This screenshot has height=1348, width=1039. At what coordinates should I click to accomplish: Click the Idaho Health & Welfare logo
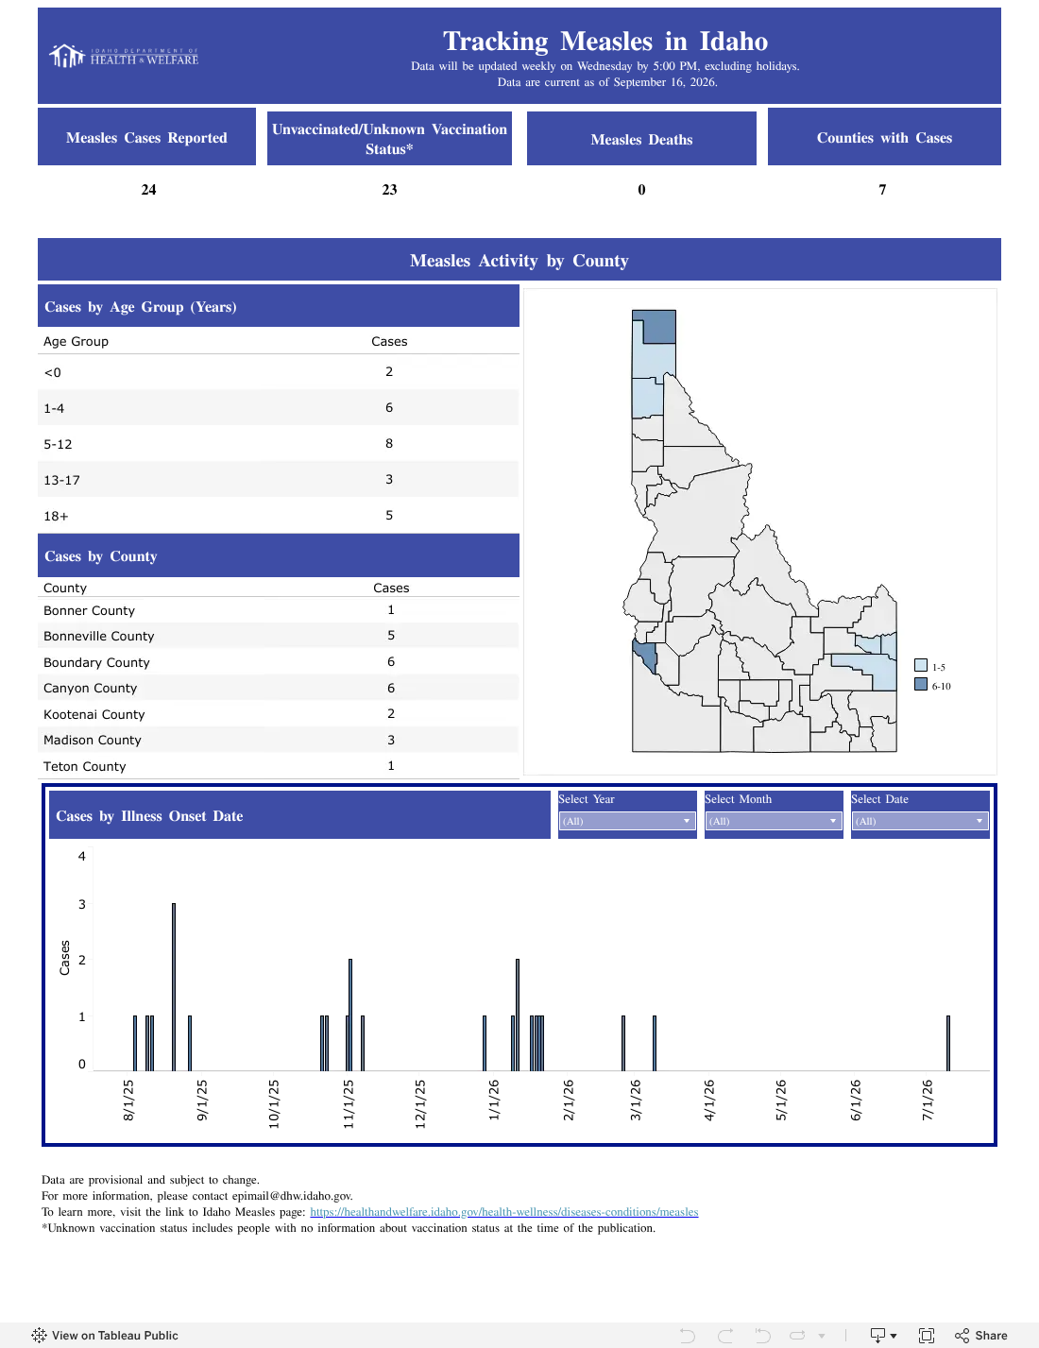click(124, 56)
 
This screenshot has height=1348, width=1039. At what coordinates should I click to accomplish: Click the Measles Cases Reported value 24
click(148, 189)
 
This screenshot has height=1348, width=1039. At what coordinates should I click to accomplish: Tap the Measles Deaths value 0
click(641, 189)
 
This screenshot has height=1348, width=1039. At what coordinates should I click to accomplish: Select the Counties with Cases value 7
click(882, 189)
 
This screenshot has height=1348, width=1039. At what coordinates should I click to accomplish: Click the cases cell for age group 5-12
click(389, 443)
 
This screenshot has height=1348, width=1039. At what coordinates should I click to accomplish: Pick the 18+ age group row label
click(56, 516)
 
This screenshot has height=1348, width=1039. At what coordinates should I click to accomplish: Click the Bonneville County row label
click(98, 636)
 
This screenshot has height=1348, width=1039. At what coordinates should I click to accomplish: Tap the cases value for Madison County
click(391, 740)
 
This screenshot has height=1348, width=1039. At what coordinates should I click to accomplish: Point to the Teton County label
click(84, 766)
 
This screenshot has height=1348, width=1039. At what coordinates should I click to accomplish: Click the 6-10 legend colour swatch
click(921, 684)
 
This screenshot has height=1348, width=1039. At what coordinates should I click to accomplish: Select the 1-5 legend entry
click(929, 666)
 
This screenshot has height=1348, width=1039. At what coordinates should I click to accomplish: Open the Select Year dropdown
click(626, 821)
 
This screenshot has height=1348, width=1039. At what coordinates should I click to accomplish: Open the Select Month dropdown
click(773, 821)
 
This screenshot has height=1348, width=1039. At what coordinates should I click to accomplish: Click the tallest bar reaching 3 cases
click(174, 986)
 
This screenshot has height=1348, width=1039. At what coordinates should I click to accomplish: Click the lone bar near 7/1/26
click(947, 1043)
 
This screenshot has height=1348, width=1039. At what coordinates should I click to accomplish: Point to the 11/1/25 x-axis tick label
click(349, 1103)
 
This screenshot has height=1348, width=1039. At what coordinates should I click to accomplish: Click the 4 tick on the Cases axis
click(81, 856)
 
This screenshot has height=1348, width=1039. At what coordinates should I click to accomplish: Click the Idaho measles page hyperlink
click(503, 1212)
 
